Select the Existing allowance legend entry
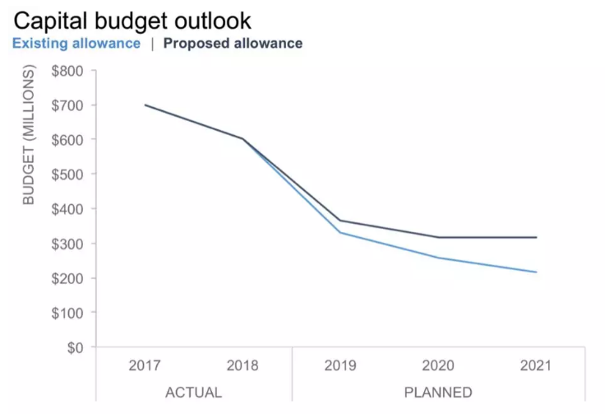point(76,43)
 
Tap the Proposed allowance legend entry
point(233,43)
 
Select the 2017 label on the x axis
point(145,365)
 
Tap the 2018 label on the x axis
point(242,365)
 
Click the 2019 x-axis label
point(340,365)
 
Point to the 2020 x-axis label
point(438,365)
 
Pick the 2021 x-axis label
point(535,365)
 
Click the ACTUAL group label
point(193,392)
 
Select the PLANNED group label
point(438,392)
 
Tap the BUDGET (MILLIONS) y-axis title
point(30,137)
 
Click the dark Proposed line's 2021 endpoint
point(536,237)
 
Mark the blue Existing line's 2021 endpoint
point(536,272)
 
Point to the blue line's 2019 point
point(340,232)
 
